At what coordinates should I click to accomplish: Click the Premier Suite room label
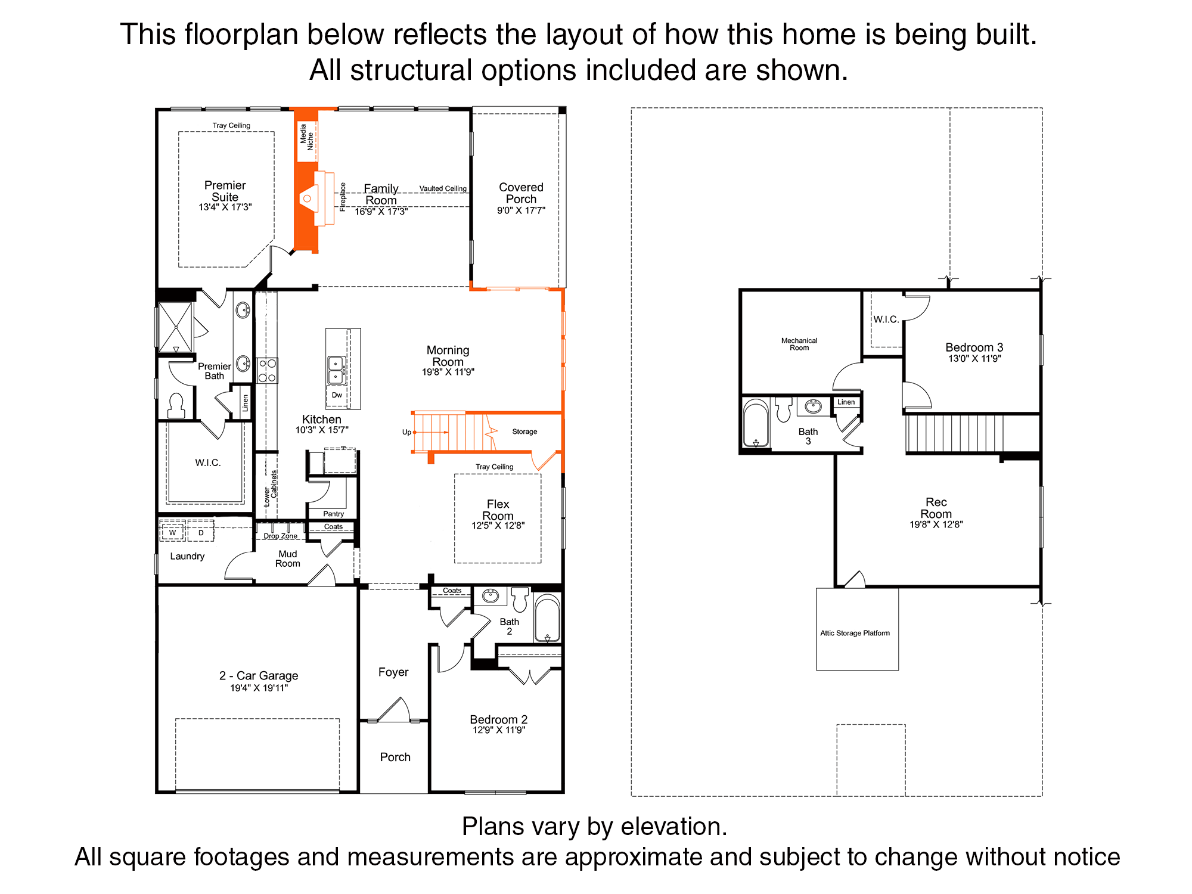(225, 191)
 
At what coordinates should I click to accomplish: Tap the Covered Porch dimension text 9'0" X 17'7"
(521, 210)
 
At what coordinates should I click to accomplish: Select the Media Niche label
(306, 136)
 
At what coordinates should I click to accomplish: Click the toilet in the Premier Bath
(176, 405)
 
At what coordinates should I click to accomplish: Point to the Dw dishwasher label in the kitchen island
(337, 395)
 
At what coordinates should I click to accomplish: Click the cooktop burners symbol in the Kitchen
(267, 370)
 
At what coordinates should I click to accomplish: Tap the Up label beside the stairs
(406, 432)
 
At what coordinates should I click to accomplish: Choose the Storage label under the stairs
(524, 432)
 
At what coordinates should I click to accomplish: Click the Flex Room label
(498, 510)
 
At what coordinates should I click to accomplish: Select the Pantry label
(334, 514)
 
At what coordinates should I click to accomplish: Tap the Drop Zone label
(281, 536)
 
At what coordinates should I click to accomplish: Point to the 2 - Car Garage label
(259, 676)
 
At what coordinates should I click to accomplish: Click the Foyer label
(393, 672)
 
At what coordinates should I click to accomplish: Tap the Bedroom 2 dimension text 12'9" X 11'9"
(499, 730)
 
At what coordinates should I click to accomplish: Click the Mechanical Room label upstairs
(799, 344)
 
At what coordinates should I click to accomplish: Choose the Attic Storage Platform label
(855, 633)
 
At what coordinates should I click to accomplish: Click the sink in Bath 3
(814, 406)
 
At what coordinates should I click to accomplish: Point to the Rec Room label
(936, 508)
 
